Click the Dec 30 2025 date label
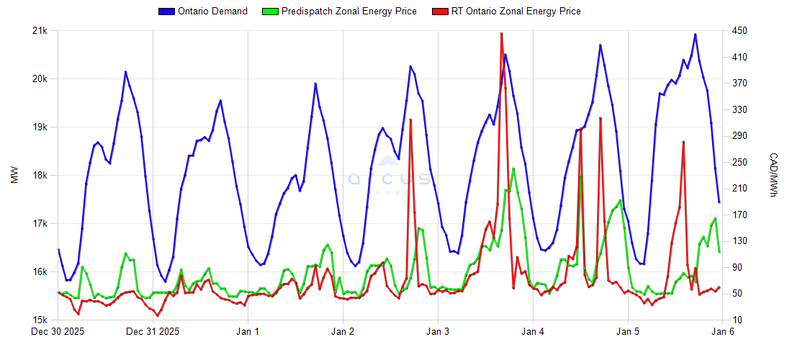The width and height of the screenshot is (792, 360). tap(58, 332)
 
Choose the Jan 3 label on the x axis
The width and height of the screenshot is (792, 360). tap(438, 332)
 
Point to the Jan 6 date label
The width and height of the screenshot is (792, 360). tap(723, 332)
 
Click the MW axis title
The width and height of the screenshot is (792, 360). tap(14, 176)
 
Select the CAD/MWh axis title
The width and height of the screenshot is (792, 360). tap(773, 176)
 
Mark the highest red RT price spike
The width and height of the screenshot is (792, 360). tap(501, 34)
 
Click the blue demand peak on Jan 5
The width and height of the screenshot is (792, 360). tap(695, 35)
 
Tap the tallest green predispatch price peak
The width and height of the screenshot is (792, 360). tap(513, 168)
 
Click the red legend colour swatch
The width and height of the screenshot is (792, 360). tap(439, 12)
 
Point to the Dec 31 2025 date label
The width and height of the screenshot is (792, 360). tap(153, 332)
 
